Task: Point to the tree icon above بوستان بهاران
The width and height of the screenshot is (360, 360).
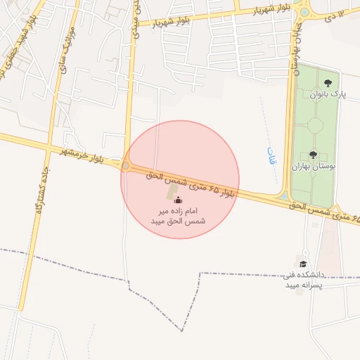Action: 313,155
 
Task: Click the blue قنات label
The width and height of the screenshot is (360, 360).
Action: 273,155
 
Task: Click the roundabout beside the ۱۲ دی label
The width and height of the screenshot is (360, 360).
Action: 304,11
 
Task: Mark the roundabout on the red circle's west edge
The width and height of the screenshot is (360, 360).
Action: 126,166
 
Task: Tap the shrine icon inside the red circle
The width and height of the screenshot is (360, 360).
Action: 177,199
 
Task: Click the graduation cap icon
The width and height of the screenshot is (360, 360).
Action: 296,264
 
